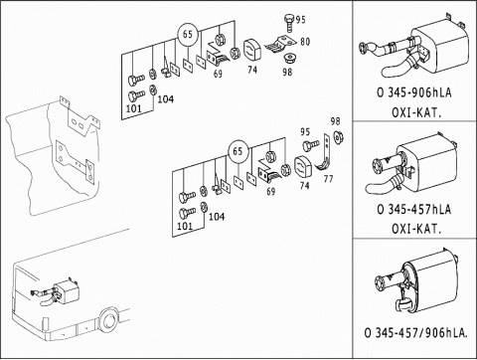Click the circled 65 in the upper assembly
pos(188,34)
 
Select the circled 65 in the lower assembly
pos(238,151)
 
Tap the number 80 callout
pos(305,42)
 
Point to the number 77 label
pos(328,179)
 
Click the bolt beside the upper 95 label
pos(289,22)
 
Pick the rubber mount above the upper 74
pos(252,51)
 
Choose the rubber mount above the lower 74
pos(303,168)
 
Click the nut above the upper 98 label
pos(289,58)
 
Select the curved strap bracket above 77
pos(326,156)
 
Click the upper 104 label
pos(165,98)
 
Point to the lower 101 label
pos(185,226)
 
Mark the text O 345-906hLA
pos(414,92)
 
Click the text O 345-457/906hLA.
pos(416,333)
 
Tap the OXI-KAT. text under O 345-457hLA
pos(416,229)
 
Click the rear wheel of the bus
pos(107,320)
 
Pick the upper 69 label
pos(218,74)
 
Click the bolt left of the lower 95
pos(311,145)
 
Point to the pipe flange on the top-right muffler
pos(363,49)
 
